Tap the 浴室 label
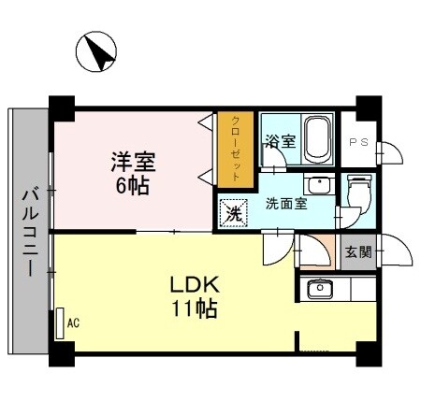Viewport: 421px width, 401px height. click(280, 142)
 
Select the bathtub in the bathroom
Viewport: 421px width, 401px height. click(319, 140)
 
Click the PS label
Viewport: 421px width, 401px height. click(357, 142)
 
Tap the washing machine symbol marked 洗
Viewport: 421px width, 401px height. click(233, 212)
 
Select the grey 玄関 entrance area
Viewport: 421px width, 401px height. click(356, 252)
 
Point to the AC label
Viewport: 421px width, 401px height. click(73, 323)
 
